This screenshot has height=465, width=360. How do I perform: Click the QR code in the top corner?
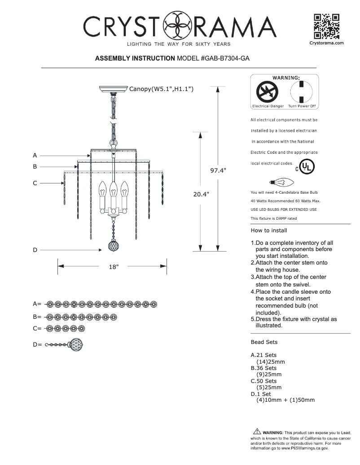pos(326,26)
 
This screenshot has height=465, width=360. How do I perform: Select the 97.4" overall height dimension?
pos(218,170)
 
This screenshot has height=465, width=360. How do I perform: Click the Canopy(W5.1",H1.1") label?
pos(161,89)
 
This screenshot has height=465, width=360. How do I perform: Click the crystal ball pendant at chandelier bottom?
pos(112,247)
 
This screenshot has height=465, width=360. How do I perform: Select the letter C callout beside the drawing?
pos(35,183)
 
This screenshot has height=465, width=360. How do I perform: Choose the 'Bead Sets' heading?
pos(264,342)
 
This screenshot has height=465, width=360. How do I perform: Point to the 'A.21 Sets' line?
pos(263,355)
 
